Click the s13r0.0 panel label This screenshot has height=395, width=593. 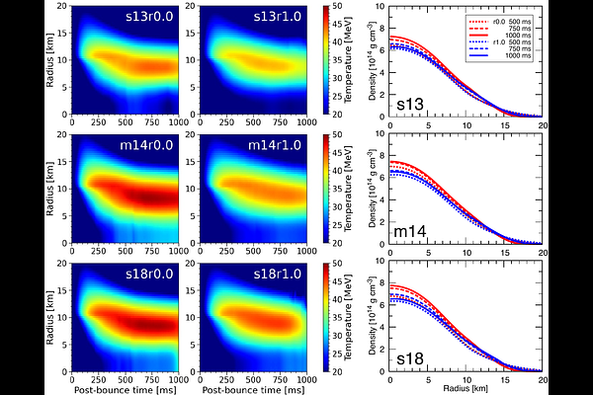coord(145,19)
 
